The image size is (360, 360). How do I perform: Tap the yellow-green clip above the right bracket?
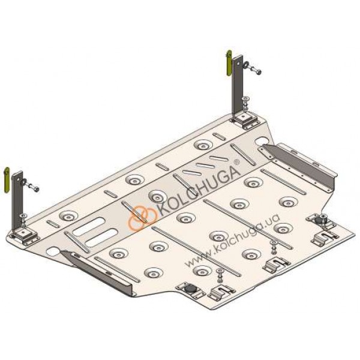(229, 63)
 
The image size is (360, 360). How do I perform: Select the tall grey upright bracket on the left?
(18, 199)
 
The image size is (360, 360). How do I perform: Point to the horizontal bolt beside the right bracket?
(253, 68)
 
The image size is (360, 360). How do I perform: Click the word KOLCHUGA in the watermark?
(197, 185)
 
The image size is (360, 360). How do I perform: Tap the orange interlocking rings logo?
(142, 217)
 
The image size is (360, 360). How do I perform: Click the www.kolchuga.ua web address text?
(232, 241)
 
